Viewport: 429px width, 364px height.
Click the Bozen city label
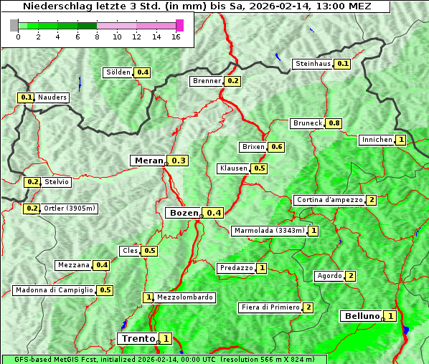[183, 213]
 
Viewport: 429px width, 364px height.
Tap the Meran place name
[149, 161]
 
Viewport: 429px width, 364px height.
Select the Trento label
[138, 338]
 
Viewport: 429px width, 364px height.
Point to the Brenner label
[207, 81]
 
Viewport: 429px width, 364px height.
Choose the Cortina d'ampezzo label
[329, 200]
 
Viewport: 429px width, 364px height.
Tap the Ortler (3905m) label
[70, 209]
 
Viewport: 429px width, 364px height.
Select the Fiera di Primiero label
[270, 307]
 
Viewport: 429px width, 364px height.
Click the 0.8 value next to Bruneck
[334, 123]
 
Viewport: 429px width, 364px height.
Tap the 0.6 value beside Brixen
[276, 147]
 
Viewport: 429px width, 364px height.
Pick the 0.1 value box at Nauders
[27, 97]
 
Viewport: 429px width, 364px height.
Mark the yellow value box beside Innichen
[401, 140]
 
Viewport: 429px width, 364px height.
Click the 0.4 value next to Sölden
[143, 72]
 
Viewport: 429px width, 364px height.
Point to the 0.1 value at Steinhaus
[343, 64]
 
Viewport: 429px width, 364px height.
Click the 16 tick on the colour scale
[176, 37]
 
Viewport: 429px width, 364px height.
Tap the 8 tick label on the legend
[97, 37]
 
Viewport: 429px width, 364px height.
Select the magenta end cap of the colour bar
[179, 25]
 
